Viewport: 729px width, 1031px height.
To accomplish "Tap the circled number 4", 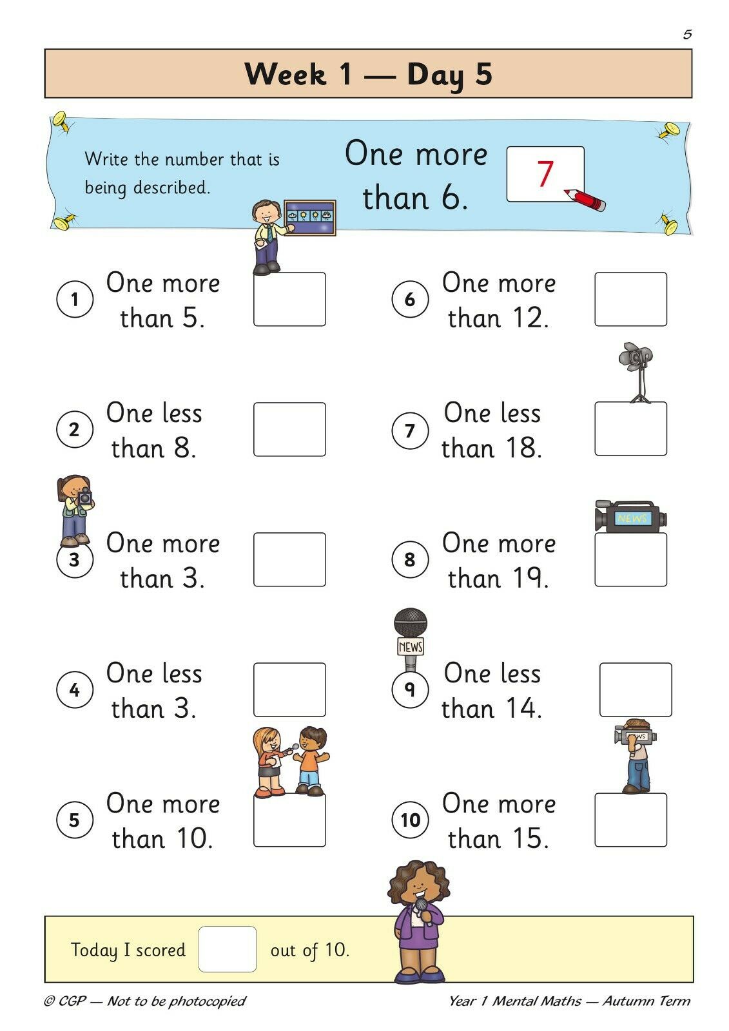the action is pos(75,689).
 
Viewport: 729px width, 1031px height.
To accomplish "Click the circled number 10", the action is pos(410,820).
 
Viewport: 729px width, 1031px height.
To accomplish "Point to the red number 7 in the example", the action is pos(545,173).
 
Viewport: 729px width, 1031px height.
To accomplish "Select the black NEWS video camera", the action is pos(630,516).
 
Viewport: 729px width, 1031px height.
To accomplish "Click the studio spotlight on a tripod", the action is pos(636,372).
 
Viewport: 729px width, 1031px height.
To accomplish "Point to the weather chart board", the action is pos(309,218).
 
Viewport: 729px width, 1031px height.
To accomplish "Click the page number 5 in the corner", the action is pos(687,35).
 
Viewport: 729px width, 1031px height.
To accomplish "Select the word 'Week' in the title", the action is pos(286,74).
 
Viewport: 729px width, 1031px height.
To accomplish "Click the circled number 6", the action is pos(410,299).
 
